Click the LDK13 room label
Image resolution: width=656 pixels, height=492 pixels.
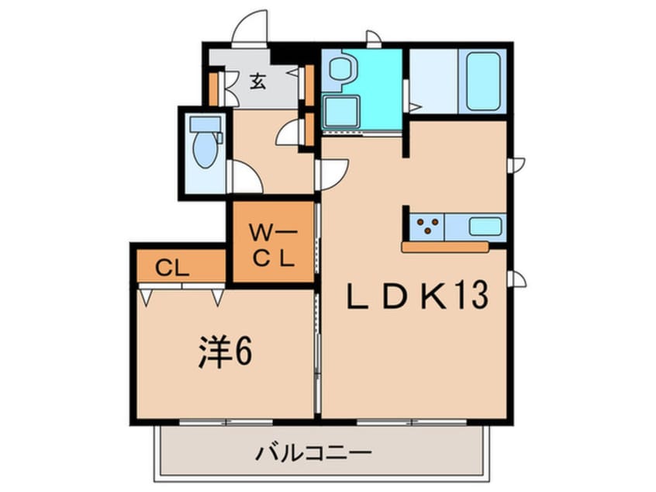point(417,296)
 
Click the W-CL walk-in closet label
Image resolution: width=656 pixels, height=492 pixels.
point(271,244)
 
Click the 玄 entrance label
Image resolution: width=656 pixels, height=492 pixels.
point(257,81)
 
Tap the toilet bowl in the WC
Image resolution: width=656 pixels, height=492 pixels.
point(205,149)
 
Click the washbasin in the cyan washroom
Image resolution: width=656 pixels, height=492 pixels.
point(340,68)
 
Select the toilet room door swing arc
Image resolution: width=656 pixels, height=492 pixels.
point(246,178)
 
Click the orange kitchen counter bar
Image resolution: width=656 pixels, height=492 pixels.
point(444,247)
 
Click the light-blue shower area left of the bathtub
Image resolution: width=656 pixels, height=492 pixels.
point(433,81)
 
